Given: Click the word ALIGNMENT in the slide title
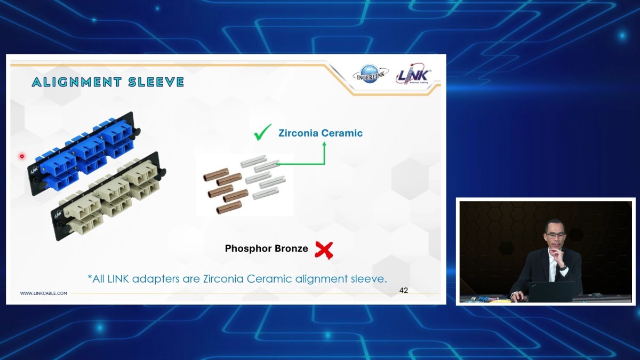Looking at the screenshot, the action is (77, 82).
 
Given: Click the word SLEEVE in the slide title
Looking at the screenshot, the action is (156, 82).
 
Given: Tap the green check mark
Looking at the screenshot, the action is (262, 132).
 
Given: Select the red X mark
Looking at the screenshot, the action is (324, 250).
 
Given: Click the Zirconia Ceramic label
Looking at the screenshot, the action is (321, 133).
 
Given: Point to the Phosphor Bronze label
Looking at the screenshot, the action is (266, 249).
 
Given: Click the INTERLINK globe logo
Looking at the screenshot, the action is (371, 74).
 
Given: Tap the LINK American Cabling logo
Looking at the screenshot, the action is (414, 74).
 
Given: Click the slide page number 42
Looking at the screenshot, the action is (403, 290).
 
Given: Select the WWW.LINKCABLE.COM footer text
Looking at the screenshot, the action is (43, 293).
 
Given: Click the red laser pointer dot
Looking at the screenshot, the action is (22, 156).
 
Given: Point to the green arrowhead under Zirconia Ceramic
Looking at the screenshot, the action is (324, 145).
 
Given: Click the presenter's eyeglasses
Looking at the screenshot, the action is (555, 235).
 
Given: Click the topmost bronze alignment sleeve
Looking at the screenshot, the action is (215, 174).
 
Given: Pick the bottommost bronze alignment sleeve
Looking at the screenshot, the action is (229, 207).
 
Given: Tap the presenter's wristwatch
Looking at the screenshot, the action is (563, 268).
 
